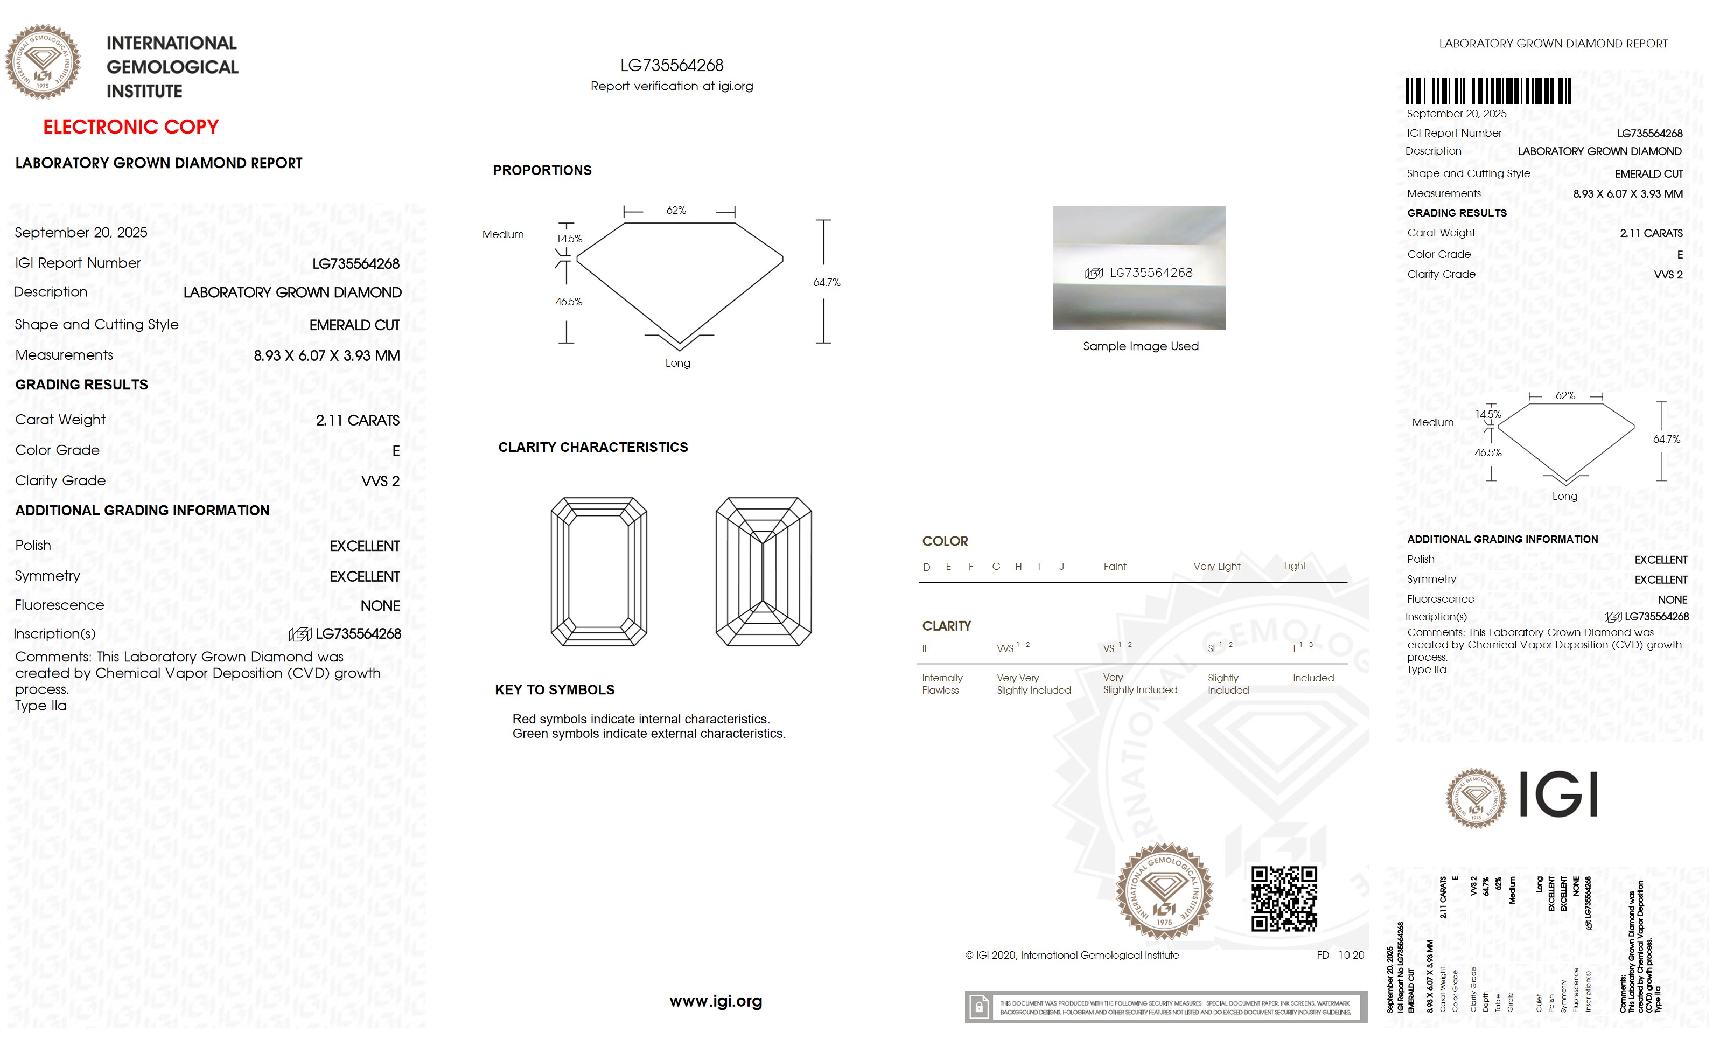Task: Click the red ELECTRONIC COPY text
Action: [x=131, y=128]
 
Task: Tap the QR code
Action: [x=1284, y=899]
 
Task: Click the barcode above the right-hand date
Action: [x=1488, y=92]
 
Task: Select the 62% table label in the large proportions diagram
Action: [x=676, y=211]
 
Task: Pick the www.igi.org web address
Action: [x=715, y=1001]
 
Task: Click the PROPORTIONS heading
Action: [x=542, y=170]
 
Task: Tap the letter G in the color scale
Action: [x=996, y=567]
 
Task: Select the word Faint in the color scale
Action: [x=1115, y=567]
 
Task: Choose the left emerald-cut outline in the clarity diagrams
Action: [x=598, y=571]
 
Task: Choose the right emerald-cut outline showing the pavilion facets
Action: [x=763, y=571]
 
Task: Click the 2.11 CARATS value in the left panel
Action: [x=358, y=420]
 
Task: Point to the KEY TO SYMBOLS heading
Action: [x=555, y=690]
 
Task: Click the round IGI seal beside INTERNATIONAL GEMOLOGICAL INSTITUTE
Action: [x=43, y=62]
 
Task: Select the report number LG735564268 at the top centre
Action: [x=672, y=66]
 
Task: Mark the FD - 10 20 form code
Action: [x=1340, y=955]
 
